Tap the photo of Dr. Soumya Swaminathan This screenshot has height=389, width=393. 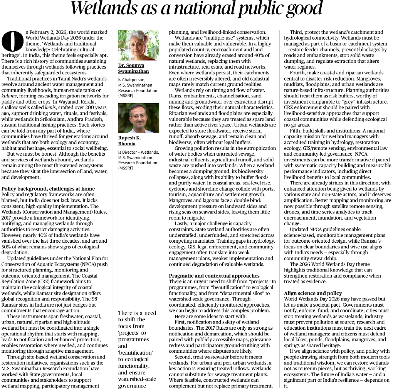[x=138, y=45]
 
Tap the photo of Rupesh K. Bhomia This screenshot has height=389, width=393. [x=138, y=118]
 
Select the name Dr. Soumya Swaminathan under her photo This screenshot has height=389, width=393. [x=133, y=68]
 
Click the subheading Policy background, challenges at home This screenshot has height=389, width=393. [x=48, y=189]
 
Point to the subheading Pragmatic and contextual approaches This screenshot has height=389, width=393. [x=214, y=276]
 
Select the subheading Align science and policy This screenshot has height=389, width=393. [x=312, y=293]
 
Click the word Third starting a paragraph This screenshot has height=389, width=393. [x=297, y=32]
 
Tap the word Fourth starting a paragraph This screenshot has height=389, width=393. [x=299, y=73]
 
